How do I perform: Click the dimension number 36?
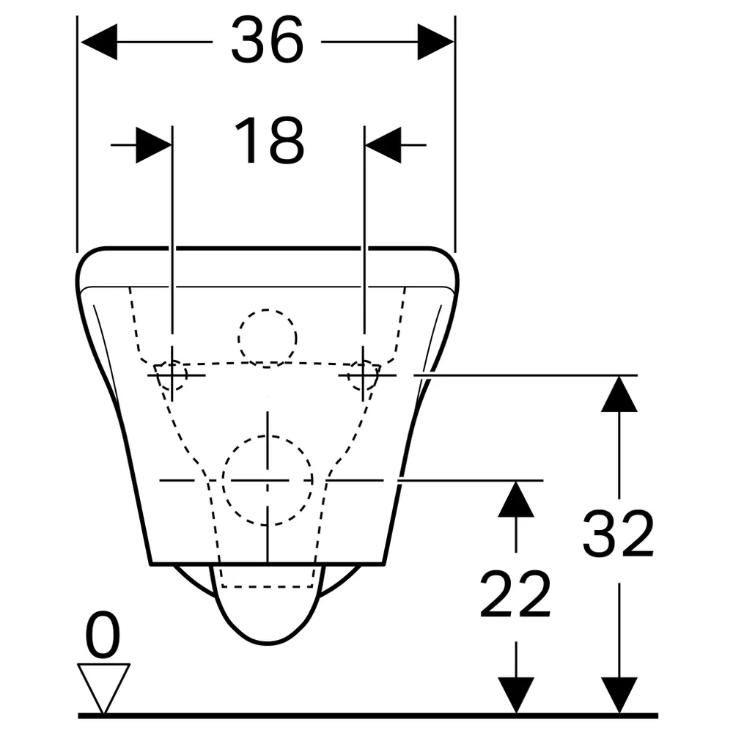(268, 40)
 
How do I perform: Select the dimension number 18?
(269, 140)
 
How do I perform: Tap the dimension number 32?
(618, 534)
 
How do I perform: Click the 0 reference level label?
(103, 633)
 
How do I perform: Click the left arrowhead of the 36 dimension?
(99, 42)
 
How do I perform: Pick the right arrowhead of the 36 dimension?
(435, 42)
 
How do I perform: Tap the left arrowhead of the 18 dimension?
(154, 145)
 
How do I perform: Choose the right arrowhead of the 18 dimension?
(383, 145)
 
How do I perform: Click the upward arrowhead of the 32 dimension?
(619, 394)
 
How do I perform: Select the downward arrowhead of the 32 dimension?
(619, 695)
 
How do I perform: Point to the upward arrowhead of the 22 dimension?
(515, 498)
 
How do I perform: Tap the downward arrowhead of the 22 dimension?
(515, 695)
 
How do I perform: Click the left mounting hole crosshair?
(172, 375)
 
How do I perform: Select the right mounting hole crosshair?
(364, 375)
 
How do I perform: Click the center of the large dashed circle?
(268, 481)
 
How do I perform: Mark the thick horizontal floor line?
(368, 715)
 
